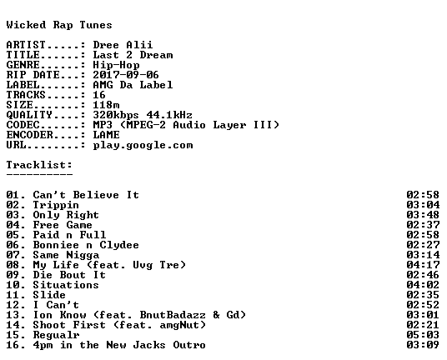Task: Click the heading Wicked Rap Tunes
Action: [59, 25]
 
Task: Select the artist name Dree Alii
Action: [123, 45]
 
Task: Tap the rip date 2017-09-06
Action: [126, 75]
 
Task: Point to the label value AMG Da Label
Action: [133, 85]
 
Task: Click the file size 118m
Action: [106, 105]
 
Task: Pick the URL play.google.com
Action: [143, 145]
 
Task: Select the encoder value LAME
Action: [106, 135]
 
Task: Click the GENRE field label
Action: [23, 65]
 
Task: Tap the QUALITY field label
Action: [29, 115]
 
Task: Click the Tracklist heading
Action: [39, 165]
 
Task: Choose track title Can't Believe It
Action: [86, 195]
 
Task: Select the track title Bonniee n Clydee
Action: [86, 245]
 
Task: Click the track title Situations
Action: [66, 285]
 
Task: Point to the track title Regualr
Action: [56, 335]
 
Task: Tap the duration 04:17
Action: [423, 265]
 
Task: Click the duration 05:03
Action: [423, 335]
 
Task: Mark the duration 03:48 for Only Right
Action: [423, 215]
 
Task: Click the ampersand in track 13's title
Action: [216, 315]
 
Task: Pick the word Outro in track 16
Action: [189, 345]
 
